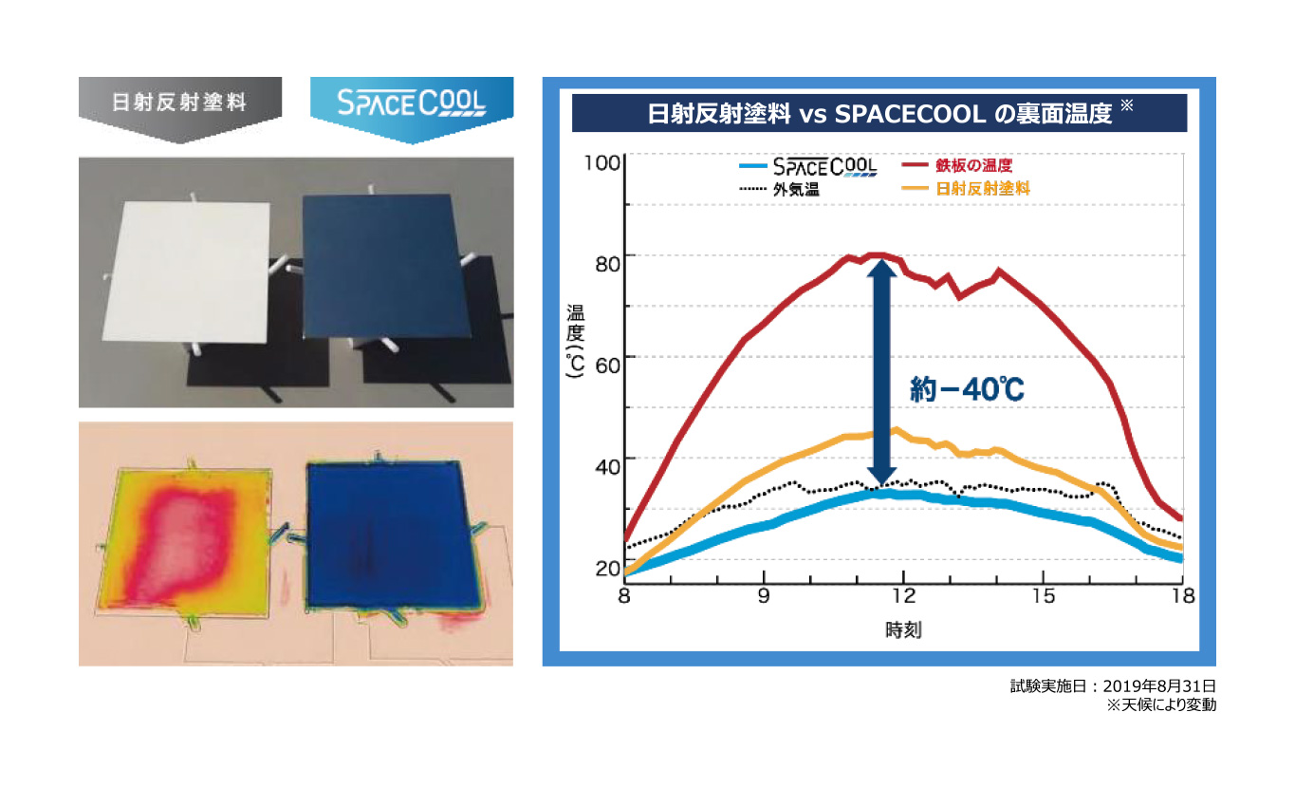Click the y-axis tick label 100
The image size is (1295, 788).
(601, 163)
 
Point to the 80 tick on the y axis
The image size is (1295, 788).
(607, 264)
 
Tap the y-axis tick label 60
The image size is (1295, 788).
(607, 366)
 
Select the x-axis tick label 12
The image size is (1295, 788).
(903, 596)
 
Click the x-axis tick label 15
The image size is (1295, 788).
(1044, 596)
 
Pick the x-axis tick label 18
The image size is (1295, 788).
(1183, 596)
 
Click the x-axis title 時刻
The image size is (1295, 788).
(903, 630)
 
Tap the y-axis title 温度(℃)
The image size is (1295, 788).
(575, 342)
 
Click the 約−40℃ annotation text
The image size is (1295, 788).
(967, 389)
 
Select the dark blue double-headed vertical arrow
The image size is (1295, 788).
(881, 372)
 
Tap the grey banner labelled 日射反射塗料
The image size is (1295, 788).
(180, 109)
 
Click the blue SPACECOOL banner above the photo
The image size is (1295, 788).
(412, 109)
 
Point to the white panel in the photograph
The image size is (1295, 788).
(187, 272)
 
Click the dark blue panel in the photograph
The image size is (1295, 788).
(385, 266)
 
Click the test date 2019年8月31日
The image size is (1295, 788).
(1159, 686)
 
